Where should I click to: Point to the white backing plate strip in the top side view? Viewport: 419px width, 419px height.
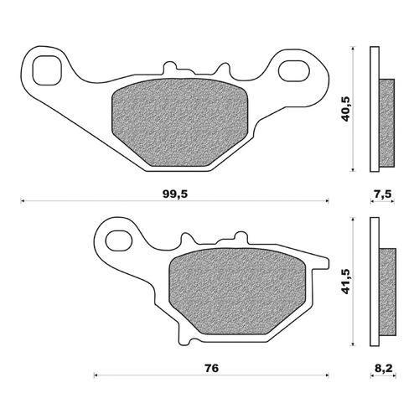375,109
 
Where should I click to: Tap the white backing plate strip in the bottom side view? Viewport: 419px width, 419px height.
375,281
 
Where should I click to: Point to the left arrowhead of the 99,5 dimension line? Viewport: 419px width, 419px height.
23,201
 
